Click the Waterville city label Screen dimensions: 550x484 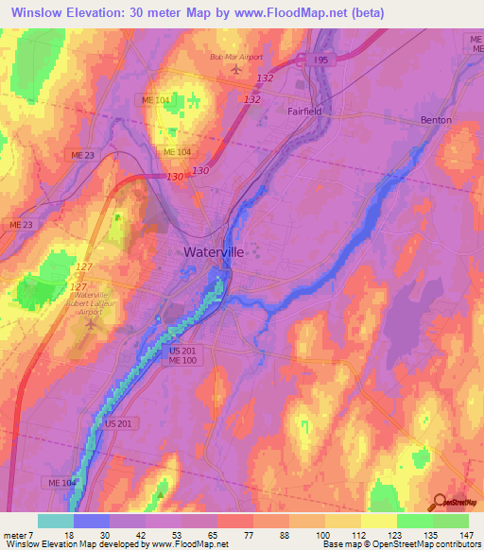(213, 252)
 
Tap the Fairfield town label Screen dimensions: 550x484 (304, 110)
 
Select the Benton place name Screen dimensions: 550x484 (436, 120)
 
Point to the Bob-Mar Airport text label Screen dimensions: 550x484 (235, 57)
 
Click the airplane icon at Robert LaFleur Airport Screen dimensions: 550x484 (92, 324)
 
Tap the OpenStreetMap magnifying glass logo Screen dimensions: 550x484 (441, 501)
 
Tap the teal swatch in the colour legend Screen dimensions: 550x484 (56, 521)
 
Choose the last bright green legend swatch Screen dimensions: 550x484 (451, 521)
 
